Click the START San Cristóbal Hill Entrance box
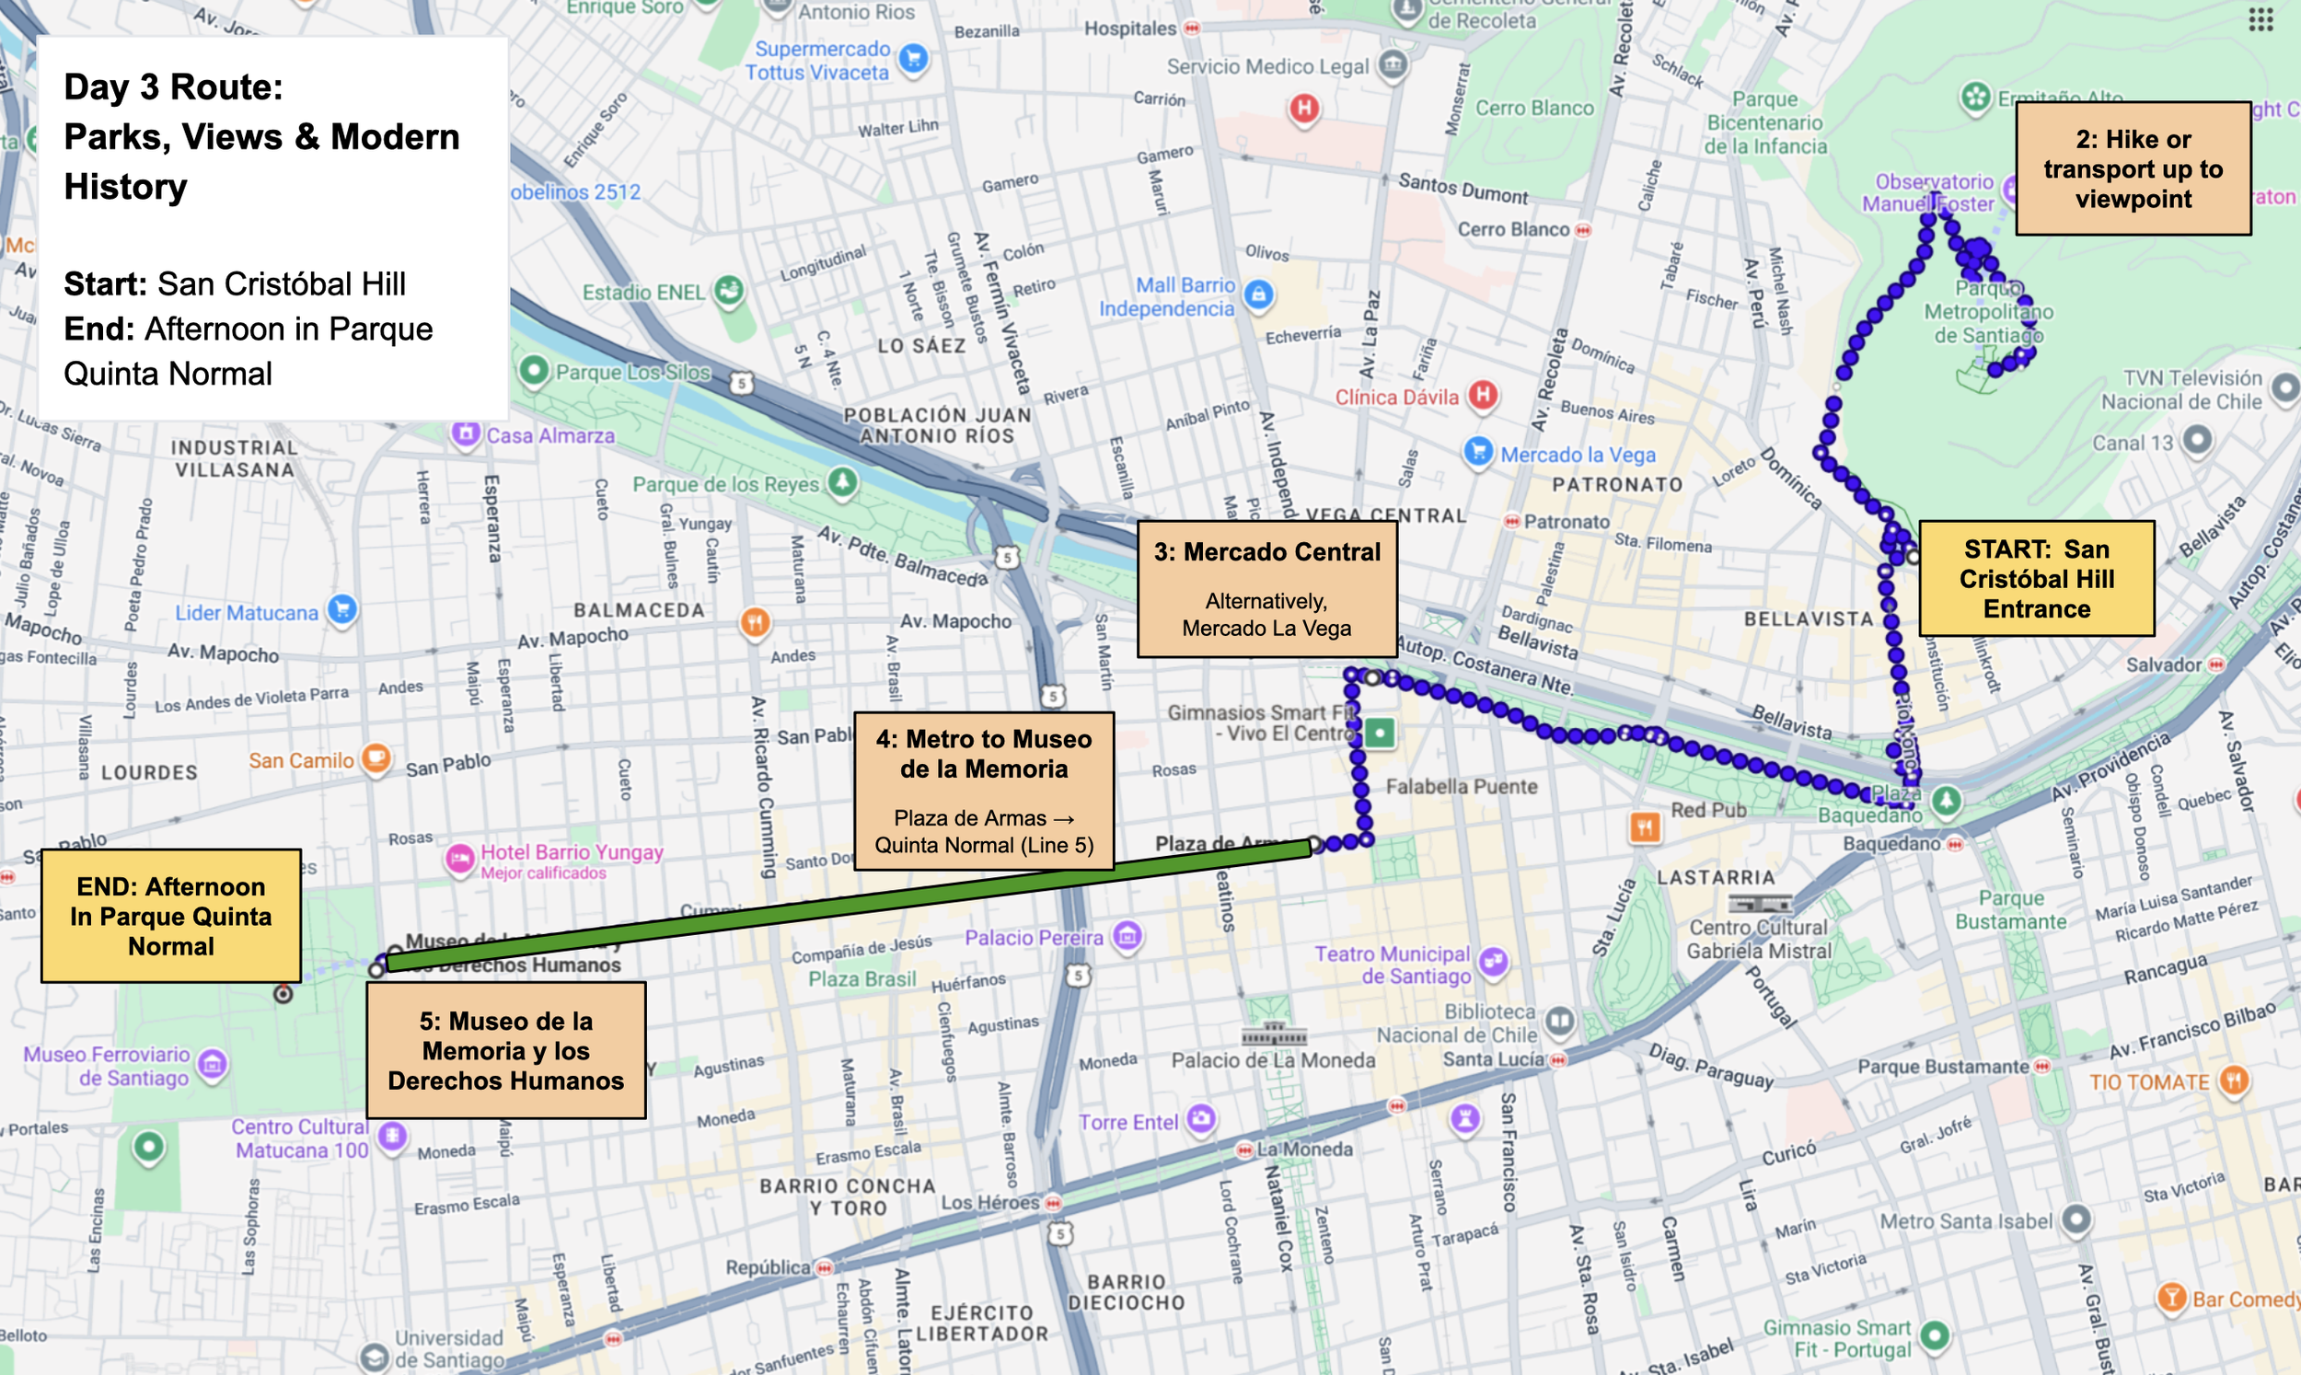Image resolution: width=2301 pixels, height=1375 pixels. (2036, 578)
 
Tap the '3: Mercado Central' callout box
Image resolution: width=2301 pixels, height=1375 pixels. (1266, 588)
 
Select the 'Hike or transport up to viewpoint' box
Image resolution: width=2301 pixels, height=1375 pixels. (2133, 168)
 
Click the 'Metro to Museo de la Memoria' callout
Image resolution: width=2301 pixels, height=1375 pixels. (984, 791)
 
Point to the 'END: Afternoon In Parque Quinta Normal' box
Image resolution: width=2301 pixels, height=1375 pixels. (171, 916)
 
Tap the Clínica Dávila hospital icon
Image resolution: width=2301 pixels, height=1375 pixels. (1483, 396)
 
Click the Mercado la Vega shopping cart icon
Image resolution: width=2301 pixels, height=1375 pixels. (1478, 452)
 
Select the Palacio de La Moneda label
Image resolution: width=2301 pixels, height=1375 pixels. (1273, 1060)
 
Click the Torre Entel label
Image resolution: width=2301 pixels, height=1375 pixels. (1127, 1122)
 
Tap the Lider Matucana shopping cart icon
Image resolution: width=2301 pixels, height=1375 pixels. (342, 609)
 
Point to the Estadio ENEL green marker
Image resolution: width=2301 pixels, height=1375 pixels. (729, 291)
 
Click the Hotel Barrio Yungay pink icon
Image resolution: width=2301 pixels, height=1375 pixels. (459, 859)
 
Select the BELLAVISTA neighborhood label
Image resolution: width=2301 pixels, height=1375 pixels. (1809, 619)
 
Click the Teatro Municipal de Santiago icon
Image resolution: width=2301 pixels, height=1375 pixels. (1493, 962)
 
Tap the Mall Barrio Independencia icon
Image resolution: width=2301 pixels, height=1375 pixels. (1257, 295)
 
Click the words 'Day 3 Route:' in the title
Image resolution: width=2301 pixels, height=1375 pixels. (173, 87)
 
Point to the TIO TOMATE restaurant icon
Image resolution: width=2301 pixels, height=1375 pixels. (2235, 1080)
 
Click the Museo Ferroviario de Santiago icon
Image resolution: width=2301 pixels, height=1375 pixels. (212, 1065)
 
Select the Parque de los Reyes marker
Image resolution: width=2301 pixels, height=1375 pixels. (842, 482)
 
